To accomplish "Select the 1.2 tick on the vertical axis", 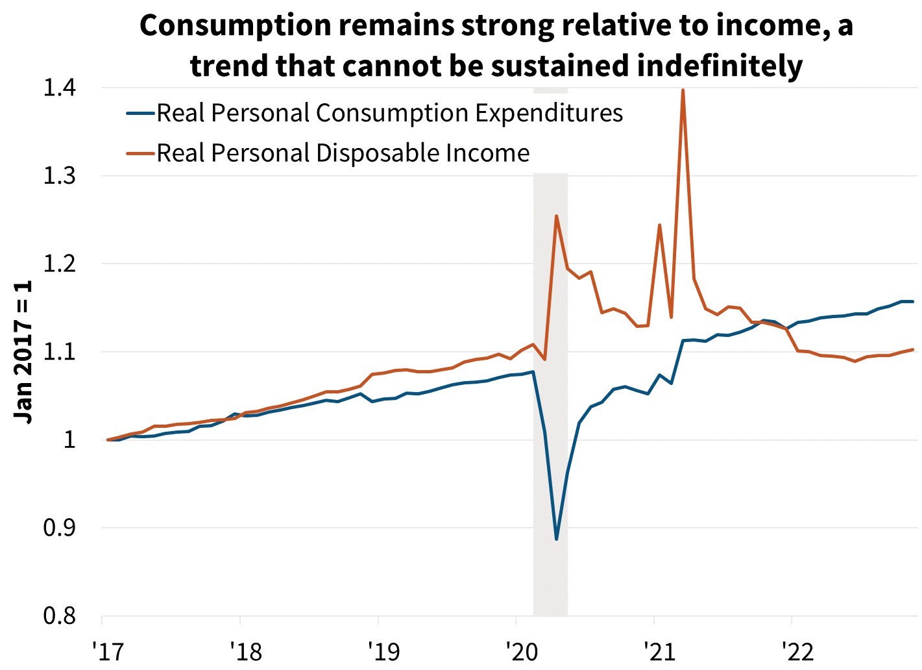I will pyautogui.click(x=59, y=264).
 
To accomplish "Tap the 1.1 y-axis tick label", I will pyautogui.click(x=59, y=352).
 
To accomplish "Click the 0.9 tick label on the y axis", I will pyautogui.click(x=59, y=528).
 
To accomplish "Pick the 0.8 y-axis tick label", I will pyautogui.click(x=59, y=615).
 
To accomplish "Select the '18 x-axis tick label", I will pyautogui.click(x=245, y=651).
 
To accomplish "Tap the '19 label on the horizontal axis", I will pyautogui.click(x=383, y=651).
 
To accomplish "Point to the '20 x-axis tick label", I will pyautogui.click(x=522, y=651).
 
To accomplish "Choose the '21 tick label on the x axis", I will pyautogui.click(x=659, y=651).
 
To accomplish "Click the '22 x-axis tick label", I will pyautogui.click(x=797, y=651).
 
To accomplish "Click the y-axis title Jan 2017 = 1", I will pyautogui.click(x=24, y=352).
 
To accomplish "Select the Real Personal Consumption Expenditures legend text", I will pyautogui.click(x=389, y=113).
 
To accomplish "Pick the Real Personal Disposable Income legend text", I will pyautogui.click(x=343, y=153).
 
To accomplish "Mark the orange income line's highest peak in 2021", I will pyautogui.click(x=683, y=90).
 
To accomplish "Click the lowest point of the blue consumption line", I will pyautogui.click(x=556, y=539).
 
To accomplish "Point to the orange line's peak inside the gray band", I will pyautogui.click(x=556, y=216).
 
